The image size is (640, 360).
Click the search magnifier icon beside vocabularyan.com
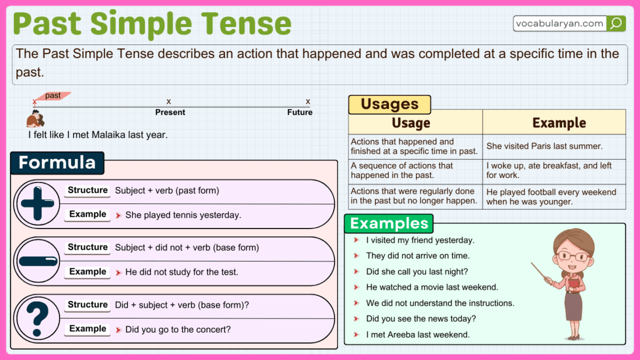[x=616, y=24]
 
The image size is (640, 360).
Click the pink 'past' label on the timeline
[x=53, y=96]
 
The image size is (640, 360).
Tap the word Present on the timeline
[x=170, y=112]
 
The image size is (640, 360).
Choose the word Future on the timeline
[x=300, y=112]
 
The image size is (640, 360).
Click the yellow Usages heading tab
[x=390, y=104]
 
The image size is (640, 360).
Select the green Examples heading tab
[x=389, y=224]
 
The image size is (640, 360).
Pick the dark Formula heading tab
[x=57, y=163]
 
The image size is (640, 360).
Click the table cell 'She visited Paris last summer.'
[x=545, y=146]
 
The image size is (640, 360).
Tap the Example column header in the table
[x=559, y=122]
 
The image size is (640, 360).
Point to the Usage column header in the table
[x=411, y=122]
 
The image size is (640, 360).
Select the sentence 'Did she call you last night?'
[x=417, y=271]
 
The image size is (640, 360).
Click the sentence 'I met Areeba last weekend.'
[x=418, y=335]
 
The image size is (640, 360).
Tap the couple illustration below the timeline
[x=35, y=119]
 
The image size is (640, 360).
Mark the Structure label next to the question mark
[x=88, y=305]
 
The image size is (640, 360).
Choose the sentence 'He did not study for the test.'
[x=182, y=272]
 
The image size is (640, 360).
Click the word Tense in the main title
[x=245, y=24]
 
